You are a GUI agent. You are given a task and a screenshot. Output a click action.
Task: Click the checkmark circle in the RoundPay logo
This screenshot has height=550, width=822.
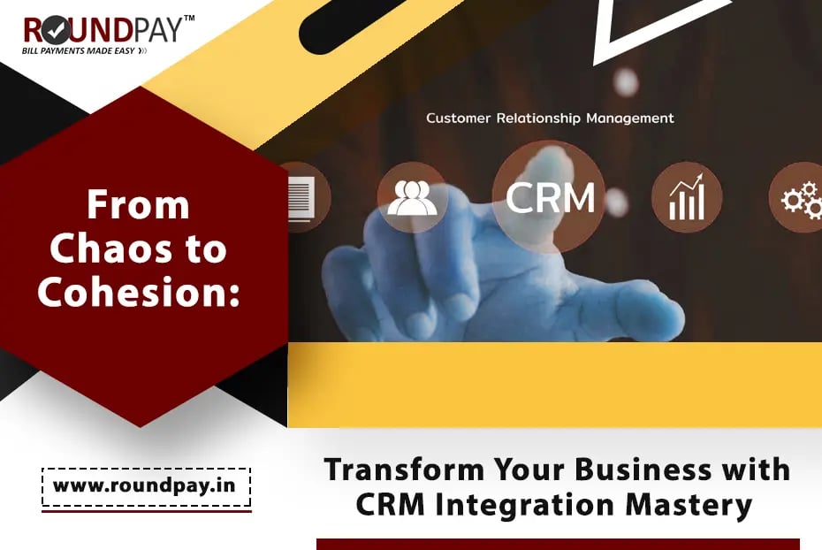56,31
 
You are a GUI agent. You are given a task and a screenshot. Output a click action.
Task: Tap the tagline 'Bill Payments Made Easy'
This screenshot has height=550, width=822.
79,51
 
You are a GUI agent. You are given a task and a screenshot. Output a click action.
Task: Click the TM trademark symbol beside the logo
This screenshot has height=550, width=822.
189,19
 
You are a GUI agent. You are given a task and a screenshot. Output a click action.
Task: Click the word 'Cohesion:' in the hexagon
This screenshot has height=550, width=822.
139,292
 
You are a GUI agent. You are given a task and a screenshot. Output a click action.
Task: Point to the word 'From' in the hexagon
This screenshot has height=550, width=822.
139,204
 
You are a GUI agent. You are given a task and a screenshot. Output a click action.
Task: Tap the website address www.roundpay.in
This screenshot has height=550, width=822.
145,485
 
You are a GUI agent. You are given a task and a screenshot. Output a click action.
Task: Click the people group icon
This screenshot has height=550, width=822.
412,198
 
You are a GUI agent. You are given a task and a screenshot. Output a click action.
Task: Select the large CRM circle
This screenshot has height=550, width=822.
550,197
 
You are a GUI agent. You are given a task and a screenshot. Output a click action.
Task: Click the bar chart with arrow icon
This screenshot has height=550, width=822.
687,197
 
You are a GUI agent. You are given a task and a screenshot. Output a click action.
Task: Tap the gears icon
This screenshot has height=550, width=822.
801,198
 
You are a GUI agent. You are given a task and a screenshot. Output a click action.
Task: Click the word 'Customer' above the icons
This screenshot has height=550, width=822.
458,118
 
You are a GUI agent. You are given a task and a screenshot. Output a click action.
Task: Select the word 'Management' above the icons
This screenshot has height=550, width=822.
630,118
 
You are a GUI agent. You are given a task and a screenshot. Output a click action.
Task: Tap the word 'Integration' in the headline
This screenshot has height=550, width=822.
525,504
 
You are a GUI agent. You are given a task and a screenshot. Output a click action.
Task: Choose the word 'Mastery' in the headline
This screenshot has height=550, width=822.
689,506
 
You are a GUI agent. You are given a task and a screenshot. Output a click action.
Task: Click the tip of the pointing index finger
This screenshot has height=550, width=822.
546,156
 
